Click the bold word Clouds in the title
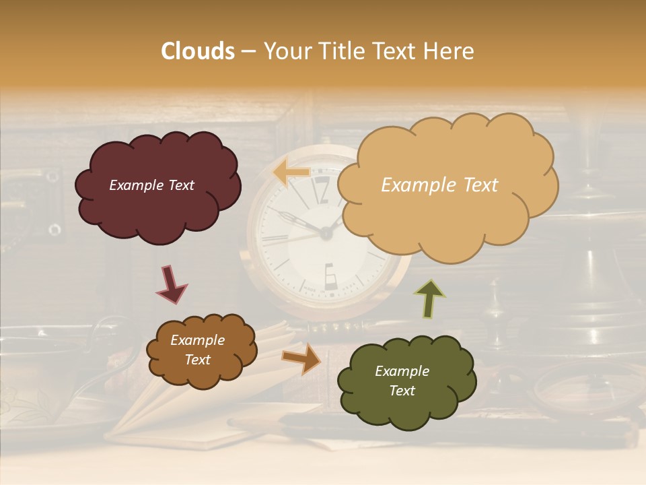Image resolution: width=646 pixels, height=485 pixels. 198,51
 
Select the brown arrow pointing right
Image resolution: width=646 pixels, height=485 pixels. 302,358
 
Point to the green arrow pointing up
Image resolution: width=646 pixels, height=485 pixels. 430,298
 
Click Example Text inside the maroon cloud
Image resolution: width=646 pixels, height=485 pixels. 151,185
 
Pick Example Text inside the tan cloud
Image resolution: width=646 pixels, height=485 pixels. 439,185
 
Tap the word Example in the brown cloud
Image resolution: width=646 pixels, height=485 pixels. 197,340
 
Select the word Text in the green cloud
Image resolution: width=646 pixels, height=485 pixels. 402,391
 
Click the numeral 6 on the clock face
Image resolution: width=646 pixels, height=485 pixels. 331,276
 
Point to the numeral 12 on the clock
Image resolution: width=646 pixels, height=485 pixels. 321,191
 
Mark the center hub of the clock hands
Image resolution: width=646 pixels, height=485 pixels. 326,234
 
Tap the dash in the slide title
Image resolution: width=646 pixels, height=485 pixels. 248,52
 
